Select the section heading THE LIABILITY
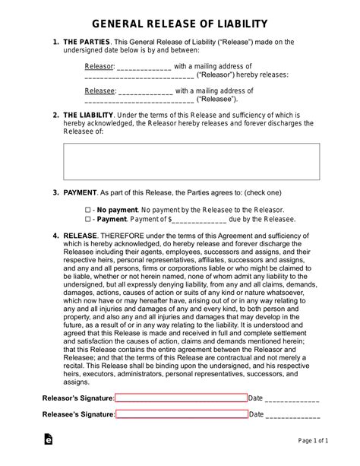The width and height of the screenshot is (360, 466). tap(89, 115)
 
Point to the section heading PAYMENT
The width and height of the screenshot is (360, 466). tap(80, 194)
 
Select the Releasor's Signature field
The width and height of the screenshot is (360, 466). tap(181, 398)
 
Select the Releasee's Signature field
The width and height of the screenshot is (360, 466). tap(182, 414)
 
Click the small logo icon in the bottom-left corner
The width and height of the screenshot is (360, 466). tap(49, 441)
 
